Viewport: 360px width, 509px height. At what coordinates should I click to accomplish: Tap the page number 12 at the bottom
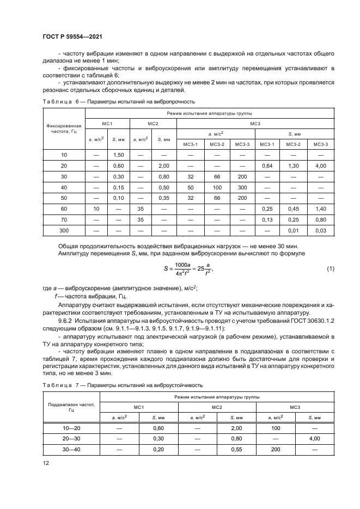[46, 463]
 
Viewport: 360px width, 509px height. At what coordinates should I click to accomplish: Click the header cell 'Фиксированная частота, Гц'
[63, 128]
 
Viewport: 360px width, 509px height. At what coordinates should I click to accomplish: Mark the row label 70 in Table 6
[63, 219]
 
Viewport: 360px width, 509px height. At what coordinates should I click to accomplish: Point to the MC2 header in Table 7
[216, 406]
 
